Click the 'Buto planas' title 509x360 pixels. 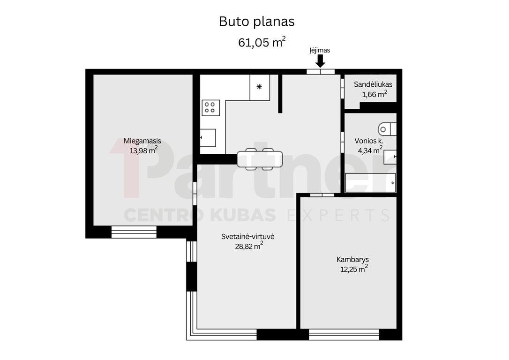coord(256,22)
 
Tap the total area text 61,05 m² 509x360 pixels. coord(262,42)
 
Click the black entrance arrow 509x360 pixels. coord(321,61)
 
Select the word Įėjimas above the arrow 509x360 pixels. coord(320,50)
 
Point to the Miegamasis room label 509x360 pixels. coord(142,141)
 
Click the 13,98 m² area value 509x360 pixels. coord(143,150)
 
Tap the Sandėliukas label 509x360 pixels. coord(373,84)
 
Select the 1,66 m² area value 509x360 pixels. coord(374,94)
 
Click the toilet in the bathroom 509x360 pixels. coord(387,129)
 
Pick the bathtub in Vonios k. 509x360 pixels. coord(370,183)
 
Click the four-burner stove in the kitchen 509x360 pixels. coord(210,108)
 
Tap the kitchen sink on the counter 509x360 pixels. coord(208,138)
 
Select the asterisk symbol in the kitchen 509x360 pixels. coord(259,87)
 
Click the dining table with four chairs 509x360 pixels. coord(260,159)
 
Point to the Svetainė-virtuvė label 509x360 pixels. coord(247,237)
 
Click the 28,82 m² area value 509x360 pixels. coord(249,246)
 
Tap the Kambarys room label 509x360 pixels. coord(352,260)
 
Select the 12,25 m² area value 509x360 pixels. coord(354,269)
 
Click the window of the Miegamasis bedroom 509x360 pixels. coord(134,232)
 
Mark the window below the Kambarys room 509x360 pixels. coord(344,335)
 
